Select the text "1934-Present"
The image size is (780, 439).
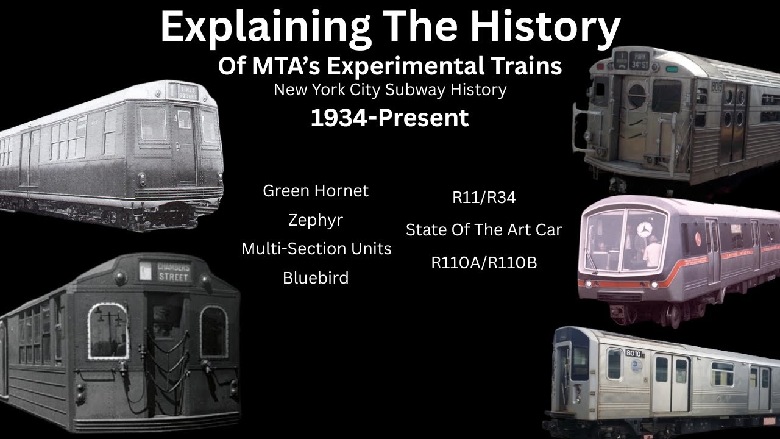pyautogui.click(x=390, y=118)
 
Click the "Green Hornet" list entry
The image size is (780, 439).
pyautogui.click(x=316, y=191)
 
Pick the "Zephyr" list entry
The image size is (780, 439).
pyautogui.click(x=316, y=220)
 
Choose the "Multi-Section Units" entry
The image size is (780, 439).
pyautogui.click(x=316, y=249)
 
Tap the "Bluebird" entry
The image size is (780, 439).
pyautogui.click(x=316, y=278)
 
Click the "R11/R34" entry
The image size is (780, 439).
pyautogui.click(x=484, y=198)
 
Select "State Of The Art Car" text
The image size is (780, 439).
pyautogui.click(x=484, y=230)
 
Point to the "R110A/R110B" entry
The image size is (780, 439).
pyautogui.click(x=484, y=263)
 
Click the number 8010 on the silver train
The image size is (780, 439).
pyautogui.click(x=634, y=354)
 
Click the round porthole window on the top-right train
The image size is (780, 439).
pyautogui.click(x=637, y=95)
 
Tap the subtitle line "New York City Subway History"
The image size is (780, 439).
pyautogui.click(x=390, y=90)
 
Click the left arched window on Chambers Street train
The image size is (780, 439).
pyautogui.click(x=108, y=331)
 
